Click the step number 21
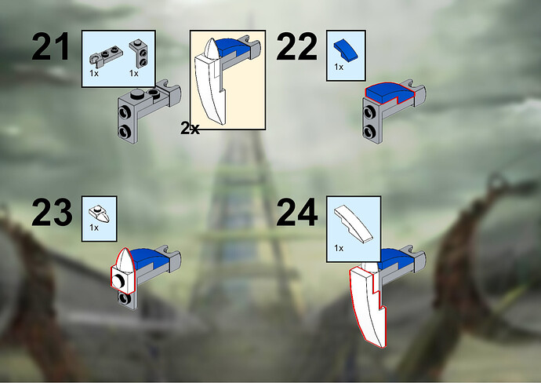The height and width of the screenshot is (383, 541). click(50, 46)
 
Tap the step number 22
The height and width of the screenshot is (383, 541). click(296, 46)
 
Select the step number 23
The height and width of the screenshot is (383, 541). click(52, 212)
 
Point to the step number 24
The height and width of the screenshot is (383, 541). click(297, 212)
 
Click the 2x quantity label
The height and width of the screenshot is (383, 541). click(190, 129)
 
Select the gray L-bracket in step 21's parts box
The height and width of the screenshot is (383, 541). click(138, 53)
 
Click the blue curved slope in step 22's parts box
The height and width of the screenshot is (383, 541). click(346, 51)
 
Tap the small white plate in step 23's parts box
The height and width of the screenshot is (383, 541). click(100, 213)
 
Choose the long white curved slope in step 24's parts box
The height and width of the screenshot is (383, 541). click(354, 224)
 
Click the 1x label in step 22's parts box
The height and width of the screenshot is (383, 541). click(339, 67)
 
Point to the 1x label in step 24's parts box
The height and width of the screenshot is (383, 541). click(339, 248)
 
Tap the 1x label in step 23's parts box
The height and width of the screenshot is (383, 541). click(94, 228)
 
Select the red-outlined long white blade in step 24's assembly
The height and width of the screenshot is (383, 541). click(365, 304)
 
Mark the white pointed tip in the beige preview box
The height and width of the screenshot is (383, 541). click(211, 49)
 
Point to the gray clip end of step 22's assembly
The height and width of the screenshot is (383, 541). click(417, 89)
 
